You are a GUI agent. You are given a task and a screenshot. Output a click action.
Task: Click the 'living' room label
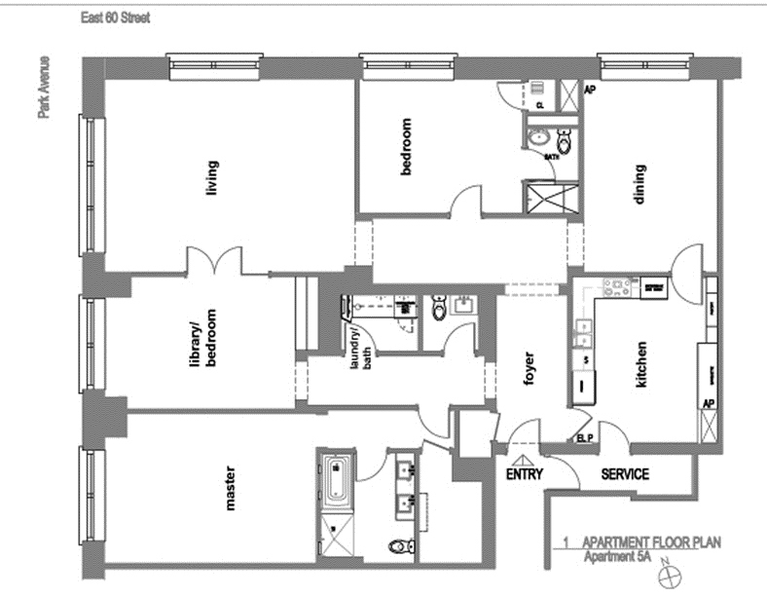[x=212, y=177]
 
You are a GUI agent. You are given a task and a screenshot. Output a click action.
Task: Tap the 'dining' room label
[x=639, y=181]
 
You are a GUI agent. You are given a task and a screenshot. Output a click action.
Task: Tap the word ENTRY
[x=524, y=475]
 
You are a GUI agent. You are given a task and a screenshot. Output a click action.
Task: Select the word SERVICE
[x=625, y=475]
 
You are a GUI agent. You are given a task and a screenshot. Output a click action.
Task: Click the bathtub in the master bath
[x=336, y=481]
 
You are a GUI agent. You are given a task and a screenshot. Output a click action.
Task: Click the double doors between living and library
[x=214, y=261]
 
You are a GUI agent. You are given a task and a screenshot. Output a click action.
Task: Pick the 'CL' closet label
[x=540, y=103]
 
